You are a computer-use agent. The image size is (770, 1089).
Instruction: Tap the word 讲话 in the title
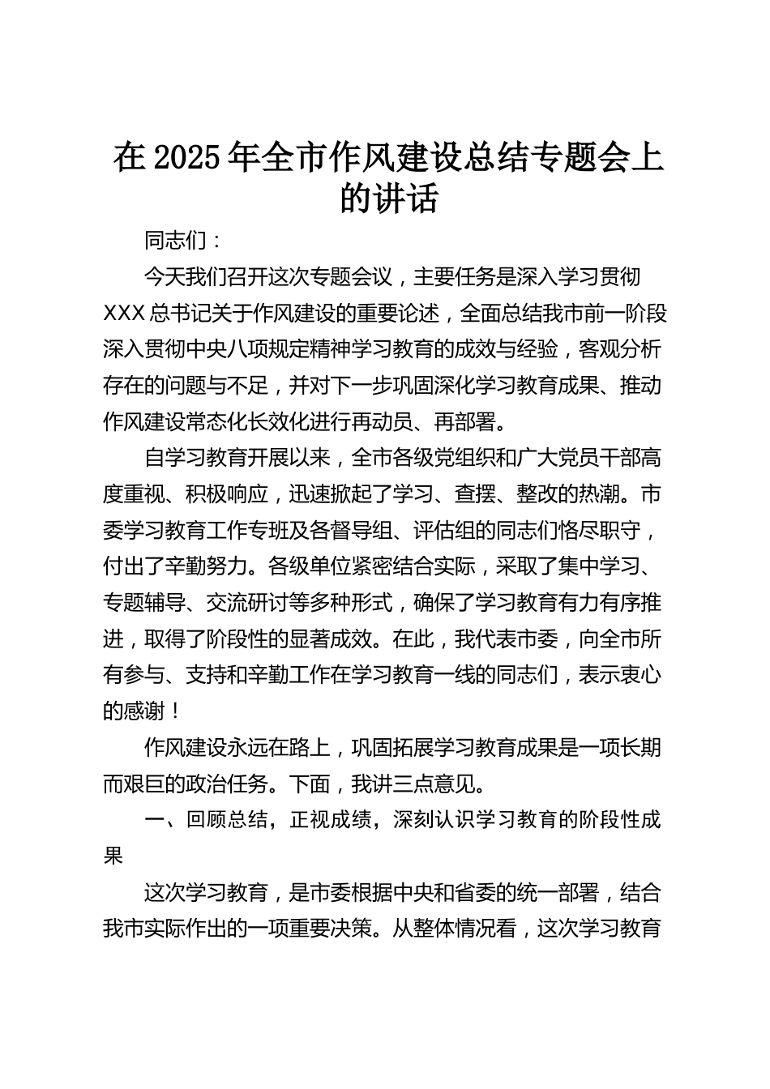412,199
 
